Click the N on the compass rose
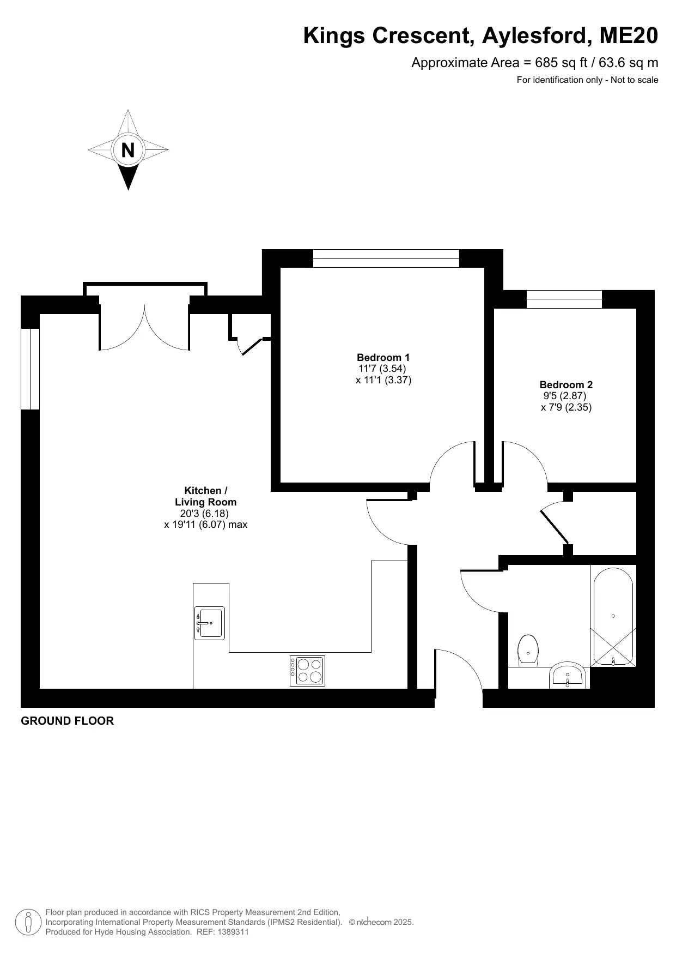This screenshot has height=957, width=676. tap(128, 150)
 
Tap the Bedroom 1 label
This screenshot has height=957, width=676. tap(383, 358)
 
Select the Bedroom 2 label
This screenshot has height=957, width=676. tap(566, 385)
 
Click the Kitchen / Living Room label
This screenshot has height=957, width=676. tap(206, 496)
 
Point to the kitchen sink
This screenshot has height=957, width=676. tap(210, 623)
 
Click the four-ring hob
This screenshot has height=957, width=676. tap(307, 671)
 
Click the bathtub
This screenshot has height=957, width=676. tap(613, 616)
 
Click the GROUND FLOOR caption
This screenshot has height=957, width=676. tap(68, 721)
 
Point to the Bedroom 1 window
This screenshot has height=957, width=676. tap(386, 258)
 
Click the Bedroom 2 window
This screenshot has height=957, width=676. tap(564, 299)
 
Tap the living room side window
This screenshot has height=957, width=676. tap(30, 369)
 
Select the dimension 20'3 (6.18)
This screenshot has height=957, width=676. tap(204, 514)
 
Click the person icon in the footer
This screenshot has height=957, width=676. tap(28, 922)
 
